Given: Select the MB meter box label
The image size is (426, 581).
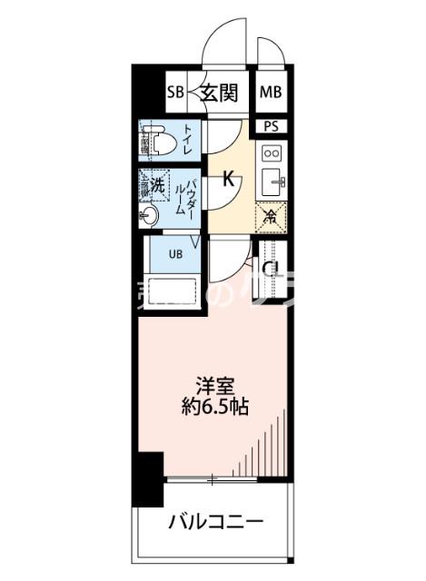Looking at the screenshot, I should pos(271,92).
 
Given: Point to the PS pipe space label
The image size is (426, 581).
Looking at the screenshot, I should pos(271,127).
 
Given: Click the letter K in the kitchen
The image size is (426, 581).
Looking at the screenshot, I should pos(229,180).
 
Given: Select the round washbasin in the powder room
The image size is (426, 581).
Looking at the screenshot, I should pos(151,215).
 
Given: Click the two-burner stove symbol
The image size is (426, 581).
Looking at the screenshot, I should pos(271,153).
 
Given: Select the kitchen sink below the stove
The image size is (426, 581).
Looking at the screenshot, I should pos(272,183).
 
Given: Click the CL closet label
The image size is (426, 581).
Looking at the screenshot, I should pos(269,268).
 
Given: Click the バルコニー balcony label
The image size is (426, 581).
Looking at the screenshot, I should pos(216,524).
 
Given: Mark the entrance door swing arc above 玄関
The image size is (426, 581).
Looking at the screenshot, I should pos(223,41).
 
